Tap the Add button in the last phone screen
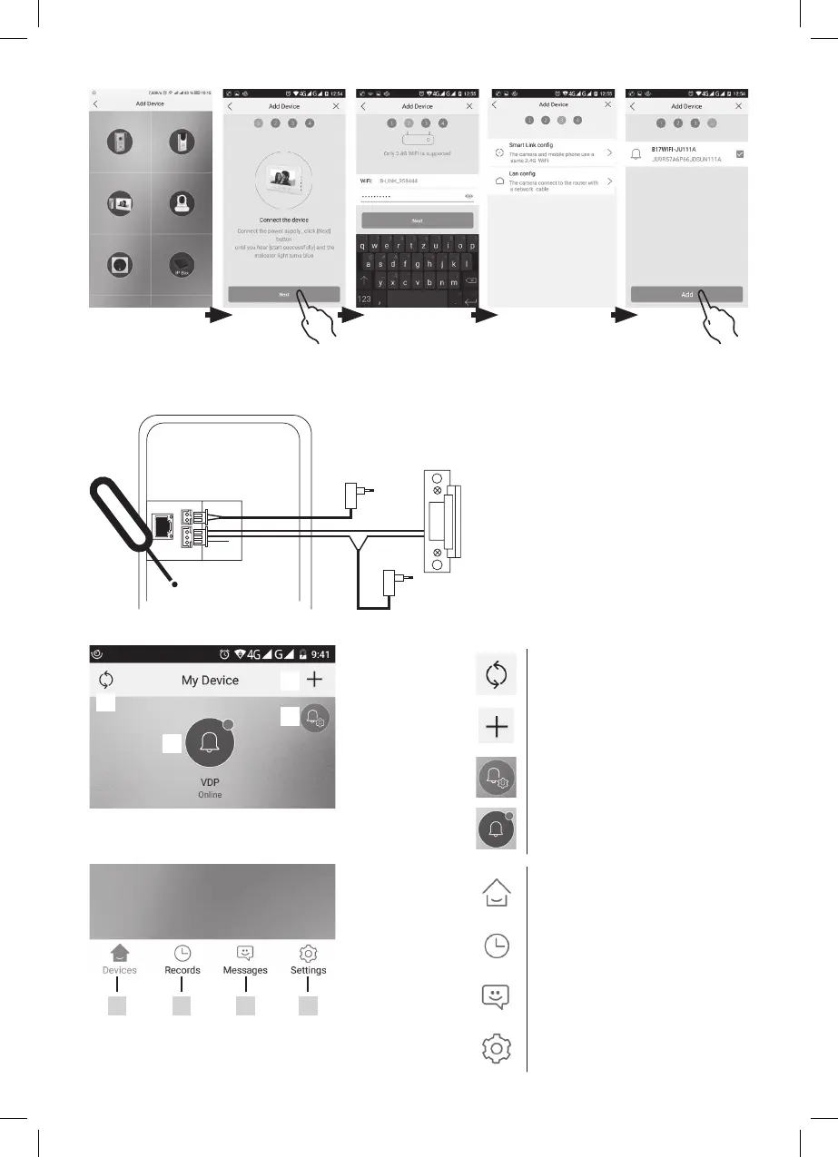686,295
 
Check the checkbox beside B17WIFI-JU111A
740,154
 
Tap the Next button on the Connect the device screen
283,295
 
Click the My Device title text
210,681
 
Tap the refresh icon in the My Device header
104,680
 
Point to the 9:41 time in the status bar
319,653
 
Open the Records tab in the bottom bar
182,959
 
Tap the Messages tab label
245,970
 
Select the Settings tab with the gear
308,959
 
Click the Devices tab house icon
120,953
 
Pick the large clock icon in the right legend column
496,946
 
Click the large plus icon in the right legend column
496,727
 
